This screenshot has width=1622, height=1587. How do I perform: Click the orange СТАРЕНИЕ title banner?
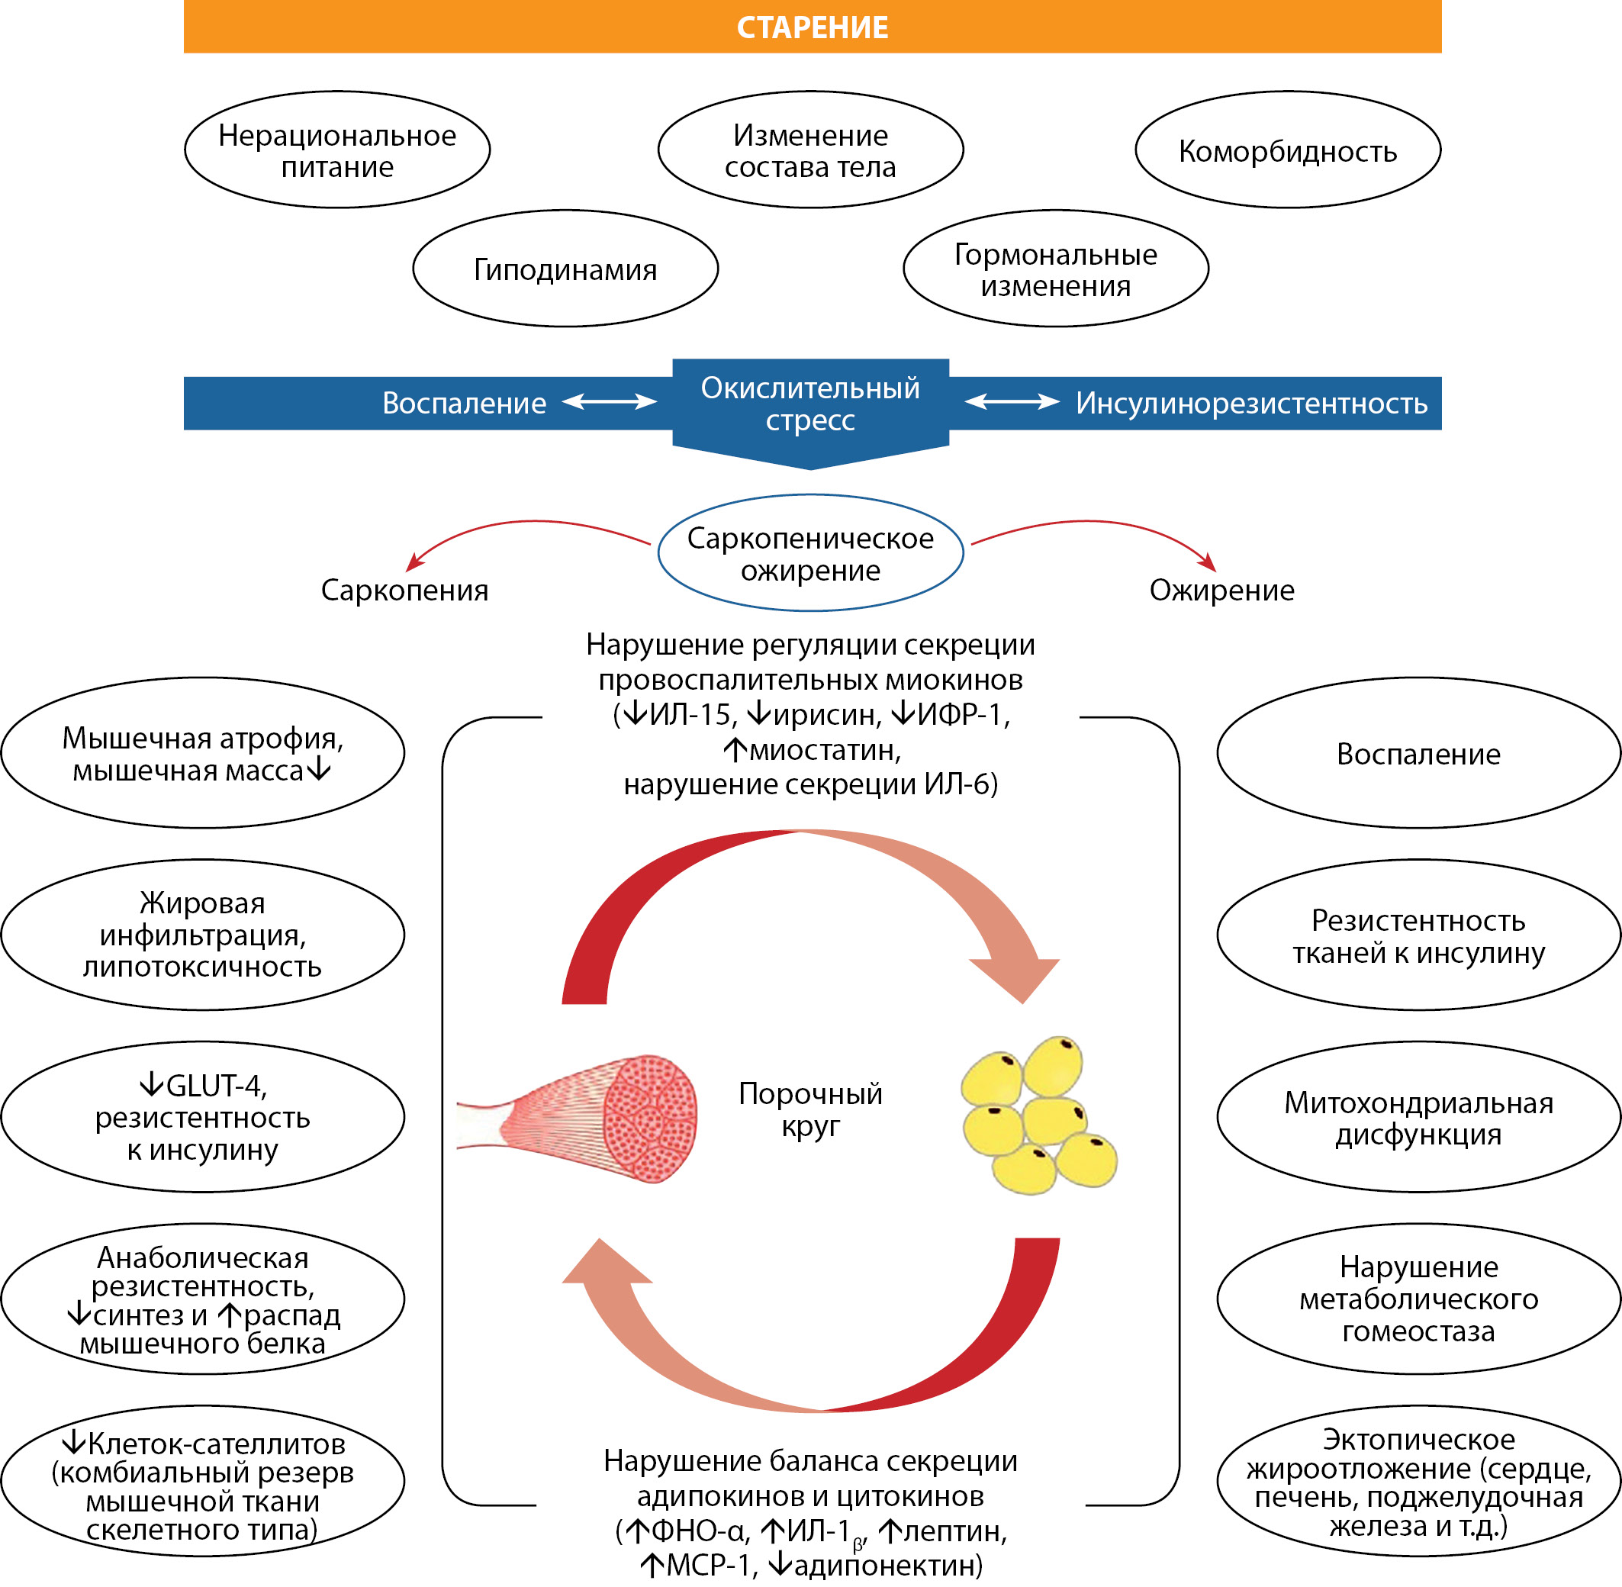[812, 27]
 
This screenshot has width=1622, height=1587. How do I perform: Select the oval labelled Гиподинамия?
[565, 269]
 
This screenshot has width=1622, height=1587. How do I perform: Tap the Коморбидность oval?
[1287, 150]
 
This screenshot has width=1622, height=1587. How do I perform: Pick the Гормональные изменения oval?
[1055, 269]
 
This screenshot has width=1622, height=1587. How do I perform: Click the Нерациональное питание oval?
[336, 150]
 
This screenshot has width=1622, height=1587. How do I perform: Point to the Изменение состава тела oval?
[810, 150]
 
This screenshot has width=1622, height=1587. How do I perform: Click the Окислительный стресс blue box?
[810, 404]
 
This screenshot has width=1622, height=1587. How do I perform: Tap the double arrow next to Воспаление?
[610, 403]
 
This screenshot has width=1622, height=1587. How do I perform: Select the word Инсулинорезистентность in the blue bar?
[1251, 404]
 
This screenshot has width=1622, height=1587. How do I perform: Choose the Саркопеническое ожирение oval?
[810, 553]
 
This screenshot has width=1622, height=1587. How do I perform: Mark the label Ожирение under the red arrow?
[1221, 590]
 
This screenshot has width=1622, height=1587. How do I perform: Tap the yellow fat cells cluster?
[1037, 1113]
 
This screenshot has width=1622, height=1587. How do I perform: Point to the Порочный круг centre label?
[810, 1109]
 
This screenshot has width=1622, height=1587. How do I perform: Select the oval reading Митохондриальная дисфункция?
[1418, 1118]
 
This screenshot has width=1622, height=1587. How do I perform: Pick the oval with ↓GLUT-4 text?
[202, 1118]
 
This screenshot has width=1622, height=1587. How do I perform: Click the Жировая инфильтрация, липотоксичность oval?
[202, 935]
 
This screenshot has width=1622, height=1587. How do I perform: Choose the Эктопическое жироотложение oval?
[1418, 1482]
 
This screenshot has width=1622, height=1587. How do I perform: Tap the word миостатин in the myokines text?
[825, 750]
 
